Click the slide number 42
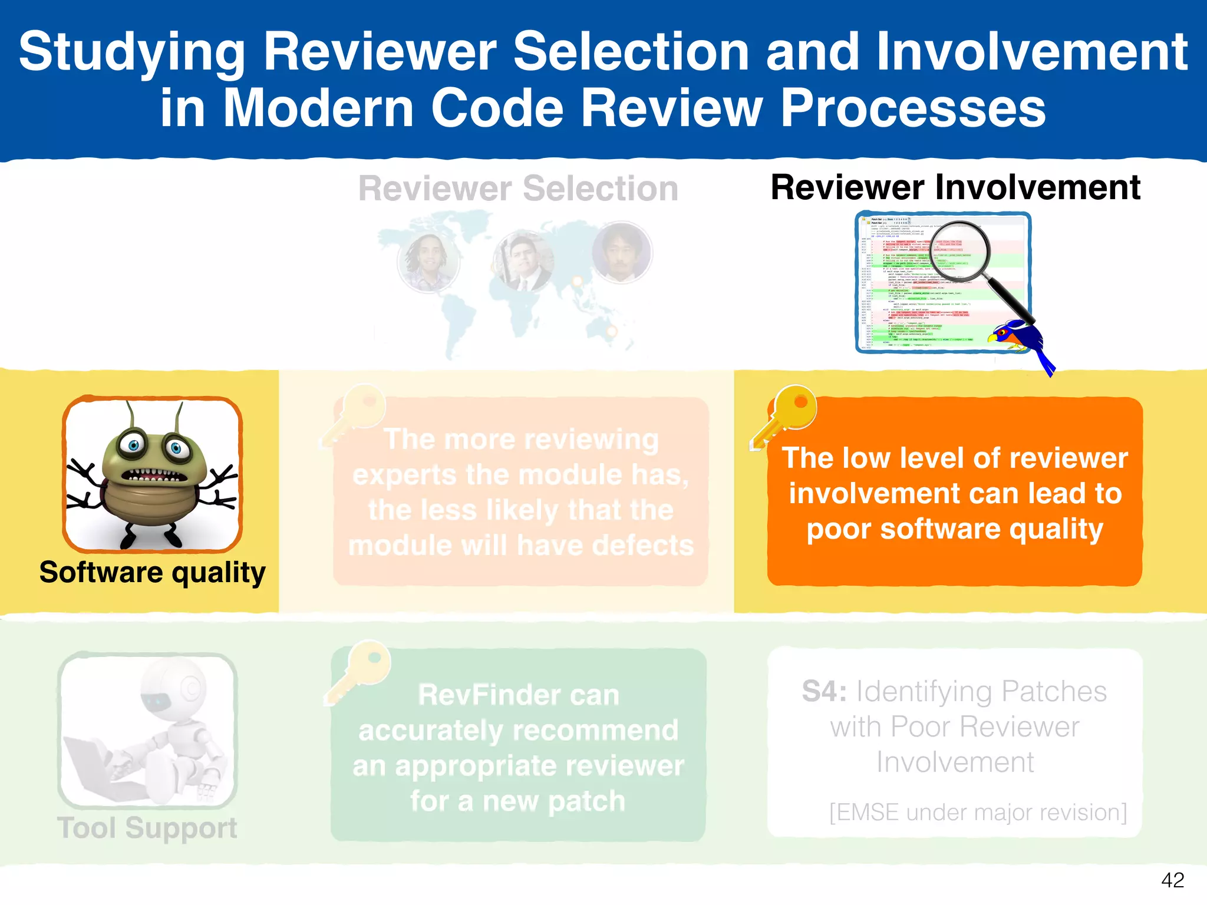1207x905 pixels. [x=1172, y=880]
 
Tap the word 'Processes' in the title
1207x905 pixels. [x=913, y=108]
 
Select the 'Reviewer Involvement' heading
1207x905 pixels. [x=955, y=188]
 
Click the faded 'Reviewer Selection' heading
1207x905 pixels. [x=518, y=189]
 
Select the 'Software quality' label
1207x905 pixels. [x=152, y=573]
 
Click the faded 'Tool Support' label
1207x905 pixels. [x=147, y=828]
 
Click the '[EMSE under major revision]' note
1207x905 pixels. [x=978, y=812]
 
